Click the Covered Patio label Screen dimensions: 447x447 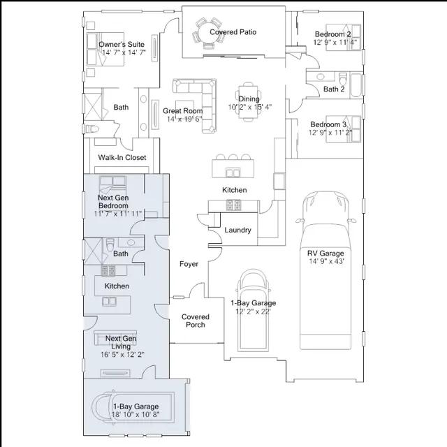click(x=233, y=32)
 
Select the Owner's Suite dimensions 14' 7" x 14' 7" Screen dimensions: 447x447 click(x=124, y=52)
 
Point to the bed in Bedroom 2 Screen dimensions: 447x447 click(x=343, y=37)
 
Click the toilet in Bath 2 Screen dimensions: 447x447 click(x=343, y=79)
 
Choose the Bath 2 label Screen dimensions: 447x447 click(x=334, y=89)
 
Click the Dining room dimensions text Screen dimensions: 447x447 click(x=250, y=107)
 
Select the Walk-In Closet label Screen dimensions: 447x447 click(x=122, y=157)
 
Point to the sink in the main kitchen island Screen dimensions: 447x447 click(x=233, y=173)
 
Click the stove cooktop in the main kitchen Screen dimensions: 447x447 click(x=233, y=205)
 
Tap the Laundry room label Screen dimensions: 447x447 click(x=237, y=230)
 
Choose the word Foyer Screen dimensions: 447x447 click(x=189, y=264)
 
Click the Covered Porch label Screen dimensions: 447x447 click(x=196, y=321)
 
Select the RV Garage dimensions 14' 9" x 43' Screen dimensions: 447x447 click(x=327, y=261)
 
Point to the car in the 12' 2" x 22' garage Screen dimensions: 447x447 click(x=253, y=311)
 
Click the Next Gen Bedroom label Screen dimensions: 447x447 click(x=113, y=202)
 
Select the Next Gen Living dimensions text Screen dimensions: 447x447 click(x=122, y=355)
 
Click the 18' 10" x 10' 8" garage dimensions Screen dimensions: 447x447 click(x=135, y=414)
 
